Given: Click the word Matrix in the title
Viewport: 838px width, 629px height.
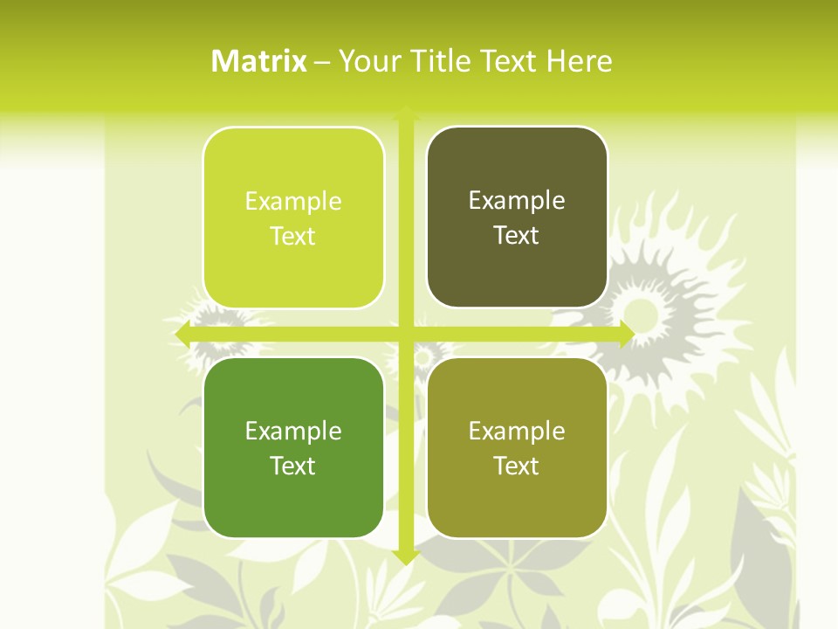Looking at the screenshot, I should click(259, 61).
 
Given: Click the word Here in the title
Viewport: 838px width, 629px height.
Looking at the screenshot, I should click(579, 61).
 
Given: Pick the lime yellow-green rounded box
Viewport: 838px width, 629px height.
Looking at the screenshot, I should click(293, 218).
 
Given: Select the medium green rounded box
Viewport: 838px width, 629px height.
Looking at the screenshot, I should click(293, 447).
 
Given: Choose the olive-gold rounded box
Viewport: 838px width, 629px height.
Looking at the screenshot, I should click(517, 447).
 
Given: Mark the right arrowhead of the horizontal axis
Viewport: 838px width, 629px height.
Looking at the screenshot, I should click(627, 335).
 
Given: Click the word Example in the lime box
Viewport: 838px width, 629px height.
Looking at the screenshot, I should click(293, 201).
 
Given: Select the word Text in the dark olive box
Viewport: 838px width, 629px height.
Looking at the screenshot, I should click(517, 235).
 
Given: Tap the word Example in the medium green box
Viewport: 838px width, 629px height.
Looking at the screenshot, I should click(293, 431).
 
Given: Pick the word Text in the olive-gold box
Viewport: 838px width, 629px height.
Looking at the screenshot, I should click(517, 466).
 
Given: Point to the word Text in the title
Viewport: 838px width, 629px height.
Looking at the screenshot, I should click(507, 61).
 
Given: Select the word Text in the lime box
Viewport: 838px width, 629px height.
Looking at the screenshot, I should click(293, 236).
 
